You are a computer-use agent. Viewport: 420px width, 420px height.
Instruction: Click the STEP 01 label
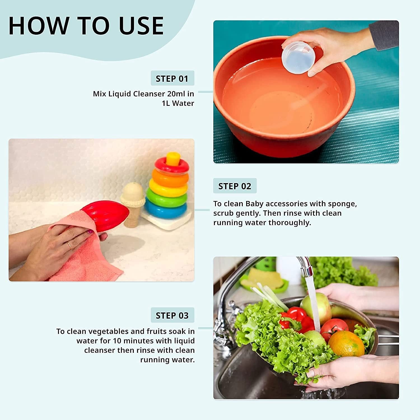[172, 79]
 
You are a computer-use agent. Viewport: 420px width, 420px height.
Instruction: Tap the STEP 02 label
[235, 186]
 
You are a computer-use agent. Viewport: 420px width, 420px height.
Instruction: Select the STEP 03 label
[172, 316]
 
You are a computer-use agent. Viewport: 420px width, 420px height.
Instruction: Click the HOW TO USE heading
[86, 26]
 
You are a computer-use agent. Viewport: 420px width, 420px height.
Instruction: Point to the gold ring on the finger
[69, 246]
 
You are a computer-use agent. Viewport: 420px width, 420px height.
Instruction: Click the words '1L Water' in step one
[178, 103]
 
